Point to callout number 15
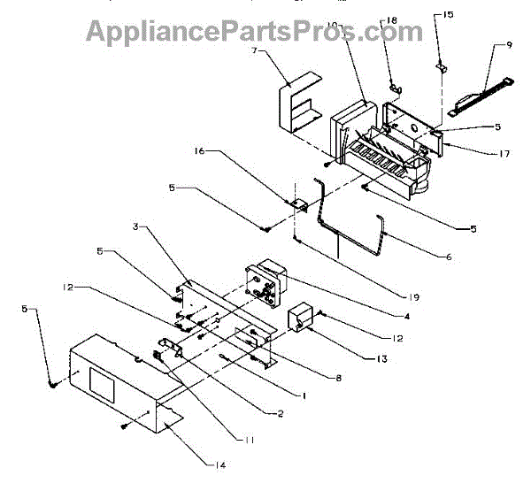click(x=448, y=15)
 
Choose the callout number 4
click(x=406, y=316)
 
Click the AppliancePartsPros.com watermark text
click(x=254, y=30)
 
